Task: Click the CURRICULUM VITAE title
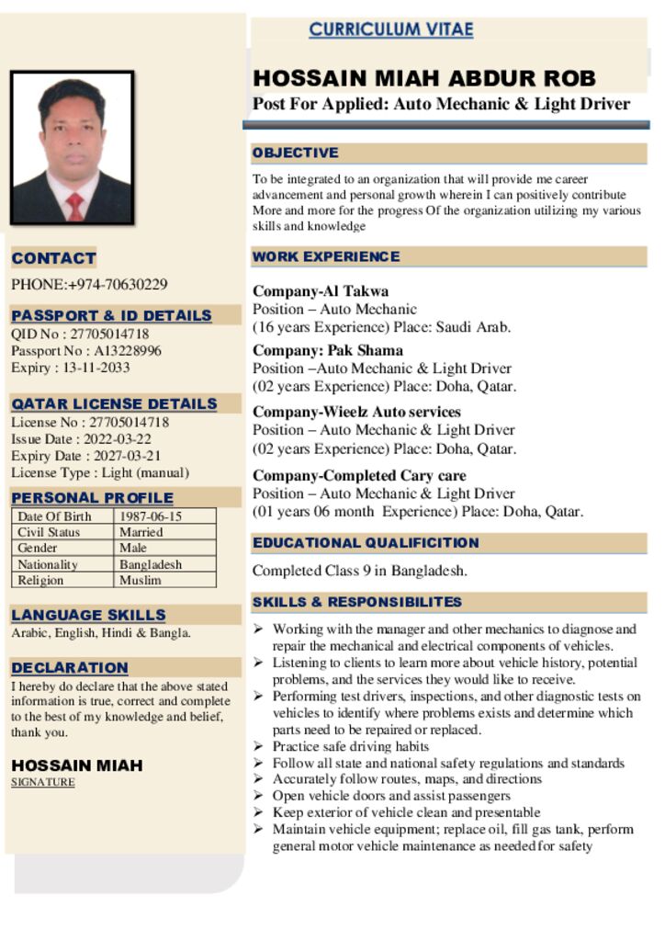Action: point(390,29)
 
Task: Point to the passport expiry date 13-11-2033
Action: point(96,368)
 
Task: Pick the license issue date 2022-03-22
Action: point(118,439)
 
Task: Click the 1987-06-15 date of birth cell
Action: point(151,516)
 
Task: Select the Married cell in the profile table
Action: point(141,532)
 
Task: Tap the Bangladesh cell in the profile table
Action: point(151,564)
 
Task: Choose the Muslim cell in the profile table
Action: point(141,580)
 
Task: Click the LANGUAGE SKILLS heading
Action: point(89,615)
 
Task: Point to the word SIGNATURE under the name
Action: point(43,783)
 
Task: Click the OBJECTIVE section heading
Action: point(296,153)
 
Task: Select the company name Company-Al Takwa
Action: point(321,291)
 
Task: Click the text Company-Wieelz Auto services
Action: point(356,412)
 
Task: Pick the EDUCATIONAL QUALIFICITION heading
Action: point(366,543)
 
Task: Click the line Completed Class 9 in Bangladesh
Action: point(360,571)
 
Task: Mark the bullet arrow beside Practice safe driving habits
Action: point(259,746)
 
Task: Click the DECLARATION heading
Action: point(70,668)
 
